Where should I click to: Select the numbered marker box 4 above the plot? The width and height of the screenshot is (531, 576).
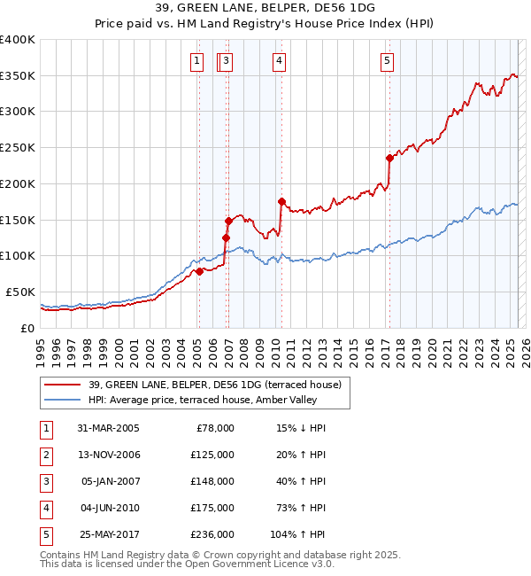tap(279, 61)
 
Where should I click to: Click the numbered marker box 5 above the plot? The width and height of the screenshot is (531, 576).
tap(388, 61)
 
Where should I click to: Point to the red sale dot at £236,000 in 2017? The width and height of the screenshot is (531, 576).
tap(389, 158)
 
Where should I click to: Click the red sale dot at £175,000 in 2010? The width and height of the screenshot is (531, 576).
tap(281, 201)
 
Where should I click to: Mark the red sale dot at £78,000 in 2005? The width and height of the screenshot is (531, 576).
tap(200, 271)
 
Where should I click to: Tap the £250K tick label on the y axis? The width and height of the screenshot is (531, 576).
tap(18, 147)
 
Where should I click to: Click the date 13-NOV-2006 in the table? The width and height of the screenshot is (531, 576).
tap(108, 455)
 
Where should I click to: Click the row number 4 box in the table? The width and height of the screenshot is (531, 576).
tap(43, 508)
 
